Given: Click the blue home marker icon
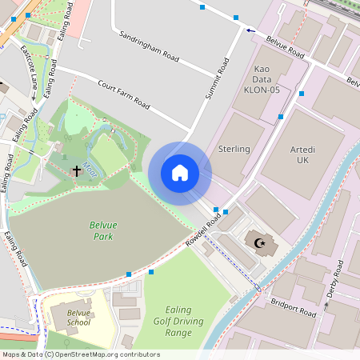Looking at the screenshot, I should (180, 173).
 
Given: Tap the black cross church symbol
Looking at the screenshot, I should (77, 170).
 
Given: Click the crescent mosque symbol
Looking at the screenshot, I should (258, 242).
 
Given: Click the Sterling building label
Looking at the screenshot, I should (234, 149).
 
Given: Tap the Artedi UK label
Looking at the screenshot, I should (302, 155).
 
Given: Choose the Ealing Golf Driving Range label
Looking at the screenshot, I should (167, 321).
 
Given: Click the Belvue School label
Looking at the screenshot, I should (79, 317).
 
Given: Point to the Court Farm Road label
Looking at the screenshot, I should (123, 94).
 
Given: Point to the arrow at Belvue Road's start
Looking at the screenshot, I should (251, 31).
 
